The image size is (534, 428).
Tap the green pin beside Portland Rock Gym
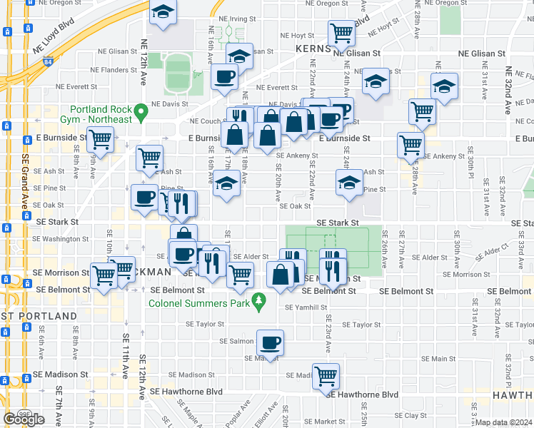[x=141, y=111]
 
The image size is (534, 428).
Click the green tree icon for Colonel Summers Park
[x=258, y=302]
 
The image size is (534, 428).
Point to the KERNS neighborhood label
[x=313, y=49]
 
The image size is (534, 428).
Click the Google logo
[x=24, y=419]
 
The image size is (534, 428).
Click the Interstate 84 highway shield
[x=47, y=62]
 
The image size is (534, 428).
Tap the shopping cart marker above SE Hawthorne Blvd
[x=326, y=374]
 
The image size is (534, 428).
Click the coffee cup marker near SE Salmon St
[x=270, y=342]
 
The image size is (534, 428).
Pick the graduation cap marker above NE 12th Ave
[x=163, y=13]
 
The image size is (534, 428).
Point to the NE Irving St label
[x=237, y=19]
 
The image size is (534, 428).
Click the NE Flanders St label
[x=114, y=70]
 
